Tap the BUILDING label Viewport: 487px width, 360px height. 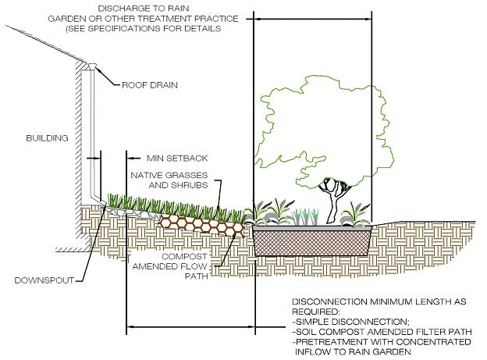point(45,138)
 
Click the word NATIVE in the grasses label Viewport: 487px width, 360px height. point(148,175)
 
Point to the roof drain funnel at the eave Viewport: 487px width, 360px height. point(91,68)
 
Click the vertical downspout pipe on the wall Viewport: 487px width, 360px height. point(94,141)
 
